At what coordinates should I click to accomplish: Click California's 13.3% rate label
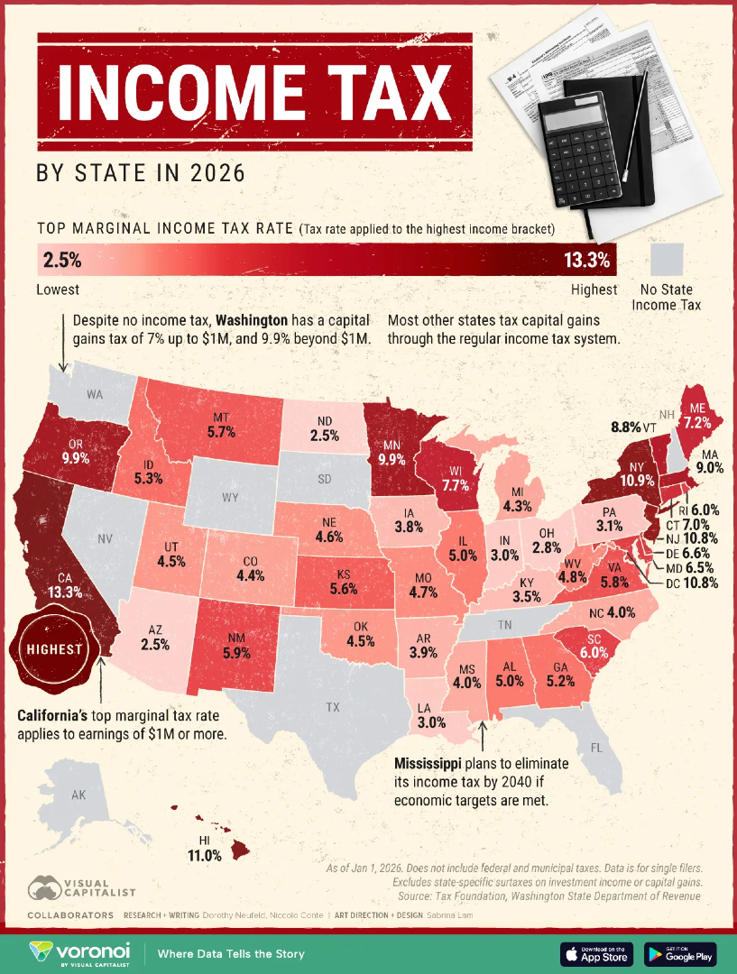65,593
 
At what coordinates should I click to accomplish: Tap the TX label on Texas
333,707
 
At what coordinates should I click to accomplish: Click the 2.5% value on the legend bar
61,262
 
